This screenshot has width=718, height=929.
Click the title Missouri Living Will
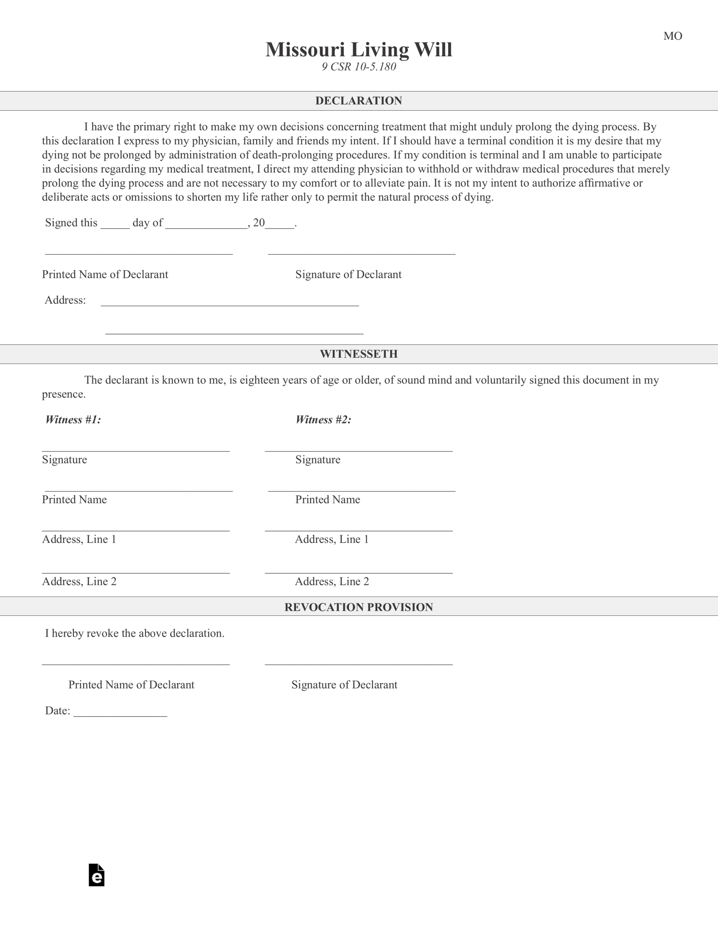tap(358, 50)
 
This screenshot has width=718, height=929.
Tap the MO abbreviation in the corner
tap(673, 36)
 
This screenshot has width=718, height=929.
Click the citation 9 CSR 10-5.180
tap(358, 67)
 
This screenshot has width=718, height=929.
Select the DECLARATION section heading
tap(358, 101)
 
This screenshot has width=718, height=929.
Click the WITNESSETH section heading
tap(358, 354)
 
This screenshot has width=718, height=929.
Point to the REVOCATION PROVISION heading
tap(358, 607)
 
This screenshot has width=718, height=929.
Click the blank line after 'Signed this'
tap(115, 225)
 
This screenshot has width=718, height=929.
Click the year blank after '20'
tap(280, 225)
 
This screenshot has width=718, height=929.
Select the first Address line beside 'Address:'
tap(230, 303)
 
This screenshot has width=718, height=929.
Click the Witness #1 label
tap(73, 420)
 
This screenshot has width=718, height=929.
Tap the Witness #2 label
tap(323, 420)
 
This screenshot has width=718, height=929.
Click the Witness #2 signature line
tap(358, 448)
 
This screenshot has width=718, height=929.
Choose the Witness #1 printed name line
tap(139, 488)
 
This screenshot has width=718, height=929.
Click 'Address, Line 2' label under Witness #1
tap(79, 581)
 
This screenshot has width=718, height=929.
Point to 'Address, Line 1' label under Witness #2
tap(332, 539)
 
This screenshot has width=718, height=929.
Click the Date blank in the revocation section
tap(120, 714)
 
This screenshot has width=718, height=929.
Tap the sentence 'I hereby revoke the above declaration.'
tap(135, 633)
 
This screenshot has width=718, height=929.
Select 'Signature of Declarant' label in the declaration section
tap(348, 274)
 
